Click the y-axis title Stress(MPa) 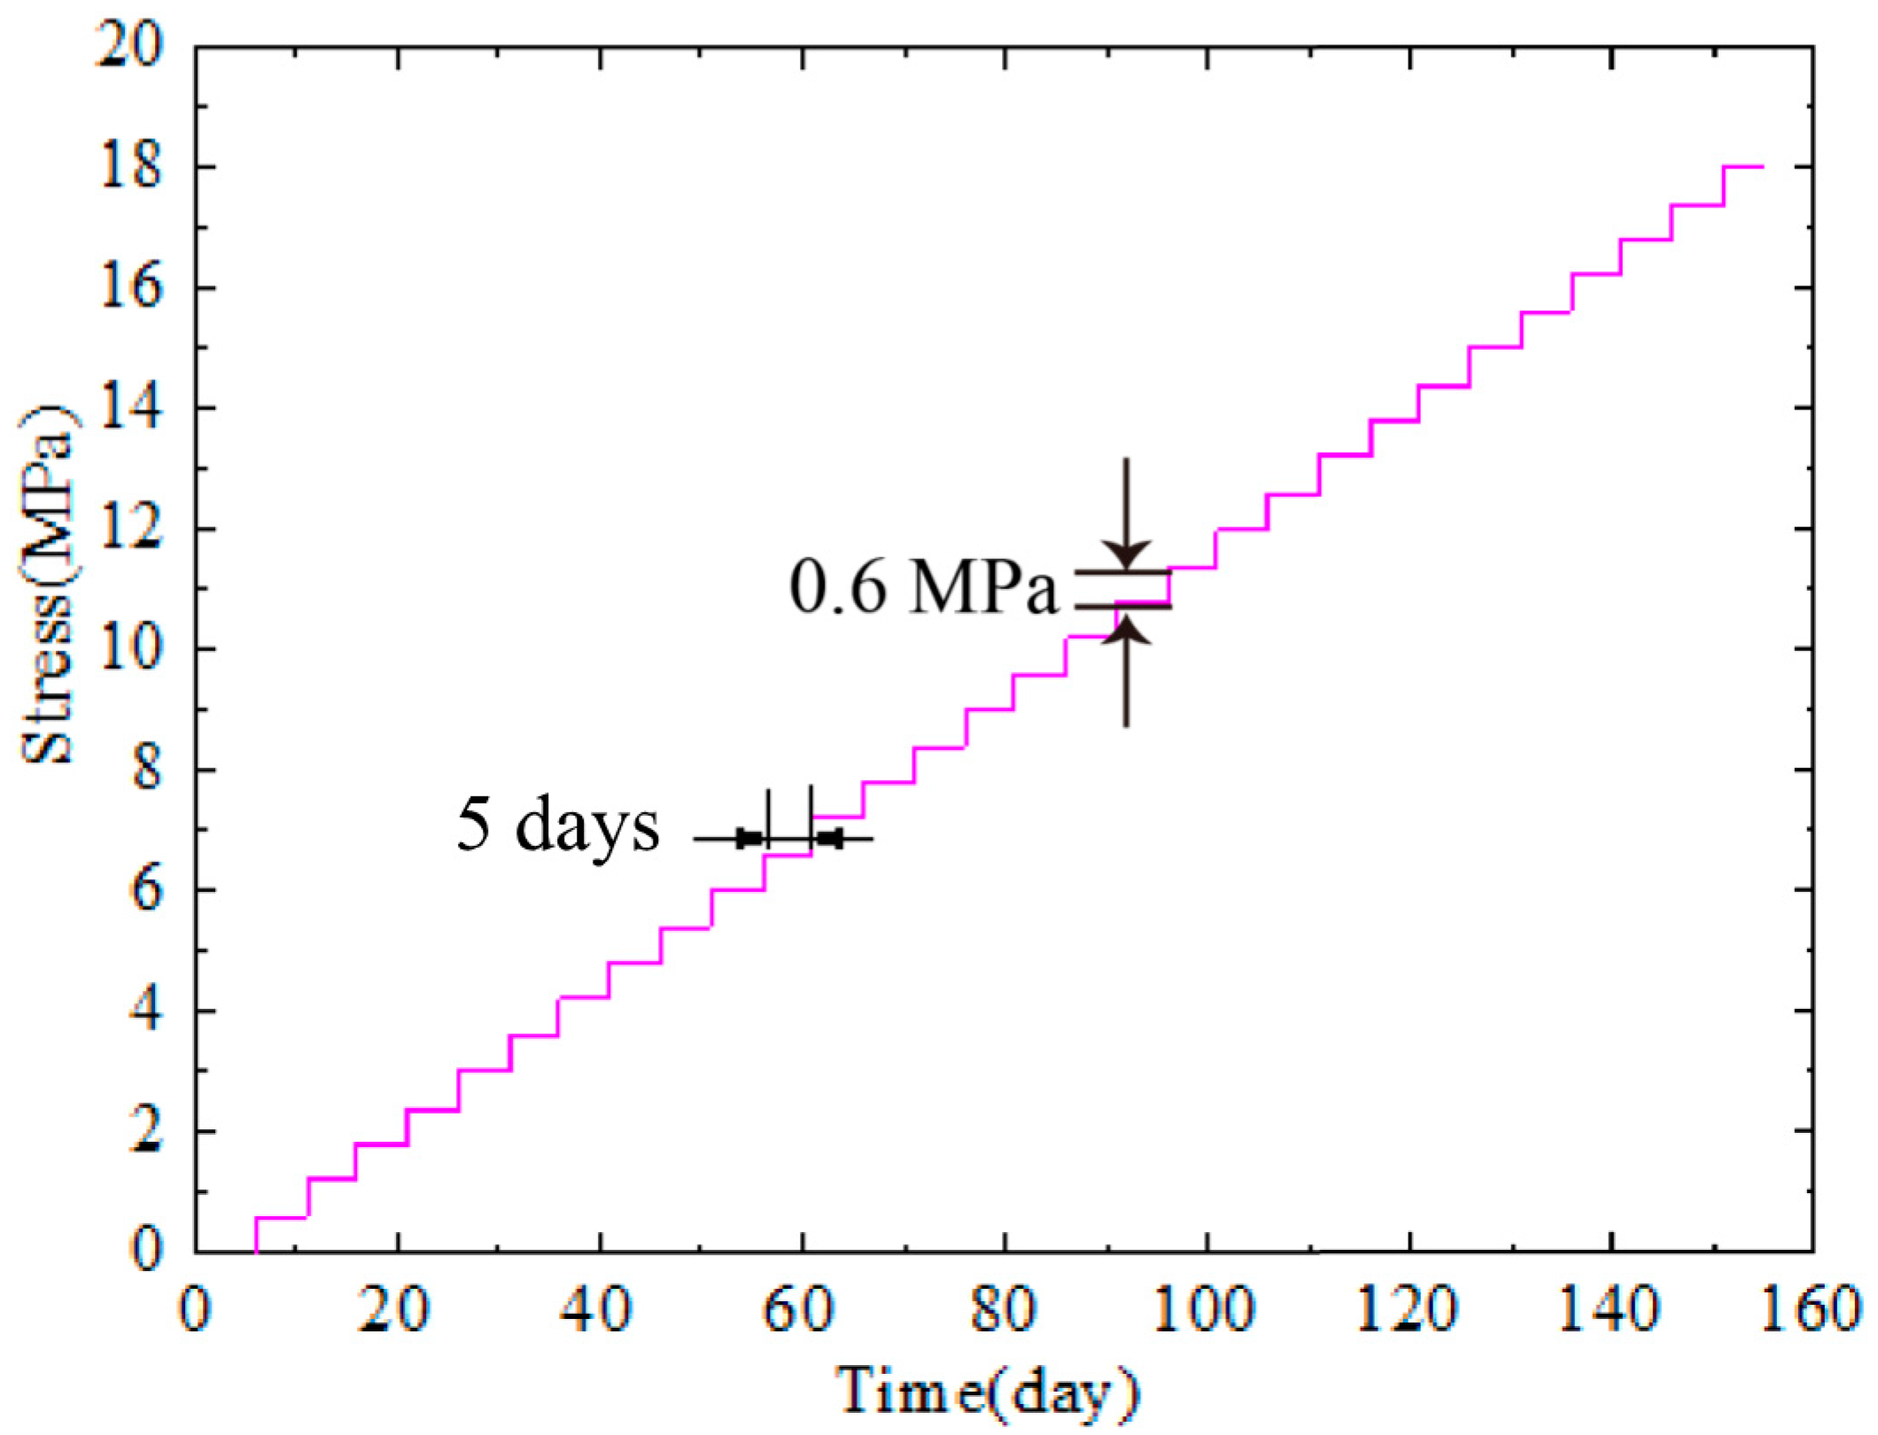tap(49, 586)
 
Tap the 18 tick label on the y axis tap(131, 167)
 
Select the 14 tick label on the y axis tap(131, 408)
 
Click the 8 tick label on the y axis tap(146, 770)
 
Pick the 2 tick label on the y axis tap(146, 1132)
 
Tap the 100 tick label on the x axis tap(1205, 1309)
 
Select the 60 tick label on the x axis tap(801, 1309)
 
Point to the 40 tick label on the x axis tap(599, 1309)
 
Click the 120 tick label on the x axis tap(1407, 1309)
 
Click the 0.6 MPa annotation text tap(924, 587)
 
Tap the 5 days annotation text tap(558, 825)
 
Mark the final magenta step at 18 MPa tap(1743, 167)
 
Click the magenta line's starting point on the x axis tap(256, 1251)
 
